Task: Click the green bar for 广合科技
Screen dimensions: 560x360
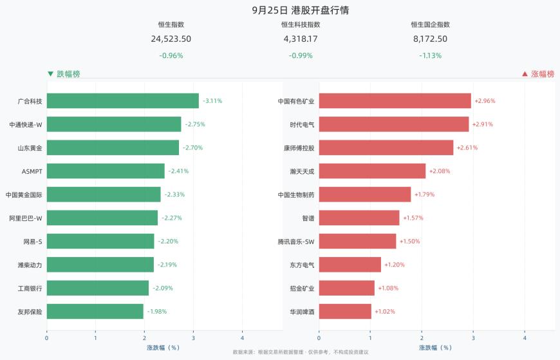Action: tap(123, 101)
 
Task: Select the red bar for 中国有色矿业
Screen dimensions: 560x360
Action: tap(395, 101)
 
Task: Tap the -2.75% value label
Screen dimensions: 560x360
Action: tap(195, 124)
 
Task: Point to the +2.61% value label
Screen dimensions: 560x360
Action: tap(467, 147)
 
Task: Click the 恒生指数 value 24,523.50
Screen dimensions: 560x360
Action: tap(171, 39)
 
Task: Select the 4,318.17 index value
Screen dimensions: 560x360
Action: tap(301, 39)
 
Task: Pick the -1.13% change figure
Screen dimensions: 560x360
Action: tap(431, 55)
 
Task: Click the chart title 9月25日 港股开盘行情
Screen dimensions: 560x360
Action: tap(301, 10)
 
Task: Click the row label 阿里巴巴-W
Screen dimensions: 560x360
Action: tap(26, 218)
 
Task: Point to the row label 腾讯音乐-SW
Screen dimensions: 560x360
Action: tap(296, 242)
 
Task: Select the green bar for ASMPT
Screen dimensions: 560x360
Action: tap(106, 171)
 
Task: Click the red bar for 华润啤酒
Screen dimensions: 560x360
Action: tap(346, 312)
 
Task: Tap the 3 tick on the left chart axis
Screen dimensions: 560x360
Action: tap(193, 338)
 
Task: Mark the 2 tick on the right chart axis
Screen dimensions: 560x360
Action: tap(422, 338)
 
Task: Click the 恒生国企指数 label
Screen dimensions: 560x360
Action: tap(431, 24)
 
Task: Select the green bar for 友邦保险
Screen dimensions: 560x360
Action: tap(95, 312)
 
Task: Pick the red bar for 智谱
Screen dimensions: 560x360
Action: tap(359, 218)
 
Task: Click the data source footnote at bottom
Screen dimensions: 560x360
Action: tap(301, 352)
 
